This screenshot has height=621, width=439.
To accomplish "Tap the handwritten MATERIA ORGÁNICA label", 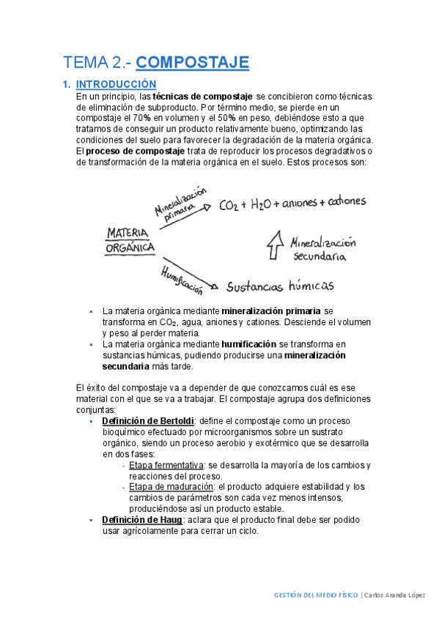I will pyautogui.click(x=130, y=240).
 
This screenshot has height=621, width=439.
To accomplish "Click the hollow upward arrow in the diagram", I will pyautogui.click(x=274, y=245).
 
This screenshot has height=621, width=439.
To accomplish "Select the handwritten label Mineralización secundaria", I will pyautogui.click(x=322, y=249).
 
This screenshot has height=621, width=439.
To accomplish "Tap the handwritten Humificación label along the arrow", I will pyautogui.click(x=182, y=278).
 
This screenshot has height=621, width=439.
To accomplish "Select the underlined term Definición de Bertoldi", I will pyautogui.click(x=147, y=422).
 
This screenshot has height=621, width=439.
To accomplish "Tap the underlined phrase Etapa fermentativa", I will pyautogui.click(x=166, y=466).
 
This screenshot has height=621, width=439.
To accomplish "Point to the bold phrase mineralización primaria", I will pyautogui.click(x=271, y=310).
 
